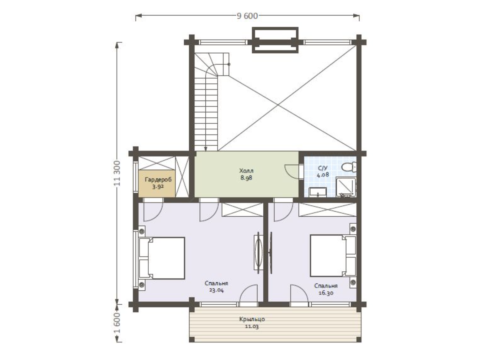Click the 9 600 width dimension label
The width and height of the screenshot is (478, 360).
pos(247,16)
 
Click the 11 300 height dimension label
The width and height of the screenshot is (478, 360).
pos(117,173)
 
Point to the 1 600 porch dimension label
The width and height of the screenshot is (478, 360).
pos(117,323)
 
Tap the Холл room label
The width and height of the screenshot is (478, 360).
pos(246,170)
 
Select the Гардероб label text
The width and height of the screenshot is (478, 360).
pos(158,180)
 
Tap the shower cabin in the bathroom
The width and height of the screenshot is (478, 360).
pos(346,187)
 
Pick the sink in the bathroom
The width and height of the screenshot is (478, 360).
pos(318,192)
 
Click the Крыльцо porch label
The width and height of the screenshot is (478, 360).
pos(252,319)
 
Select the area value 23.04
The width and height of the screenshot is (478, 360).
pos(216,290)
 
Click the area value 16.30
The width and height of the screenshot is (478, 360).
pos(326,293)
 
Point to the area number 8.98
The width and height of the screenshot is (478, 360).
pos(246,178)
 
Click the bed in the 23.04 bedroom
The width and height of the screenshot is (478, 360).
pos(162,258)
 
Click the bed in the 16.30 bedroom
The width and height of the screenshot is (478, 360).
pos(333,256)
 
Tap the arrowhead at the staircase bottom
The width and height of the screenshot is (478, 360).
pos(205,149)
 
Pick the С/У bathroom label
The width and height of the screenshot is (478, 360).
pos(323,168)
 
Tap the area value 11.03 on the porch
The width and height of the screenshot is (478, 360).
pos(252,327)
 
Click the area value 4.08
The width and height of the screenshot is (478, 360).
pos(323,175)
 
